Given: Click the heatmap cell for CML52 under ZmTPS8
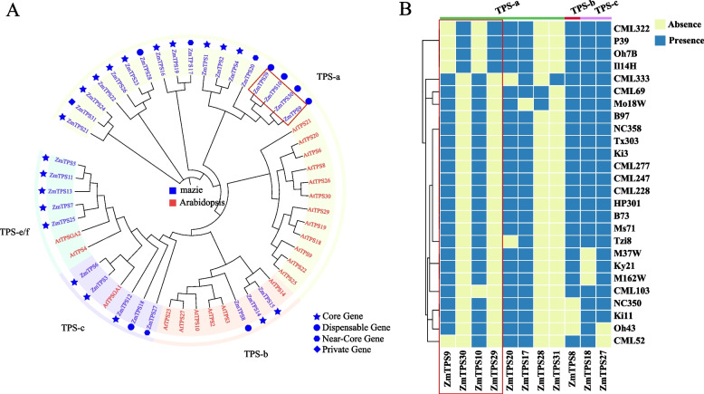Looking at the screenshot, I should pos(573,341).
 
